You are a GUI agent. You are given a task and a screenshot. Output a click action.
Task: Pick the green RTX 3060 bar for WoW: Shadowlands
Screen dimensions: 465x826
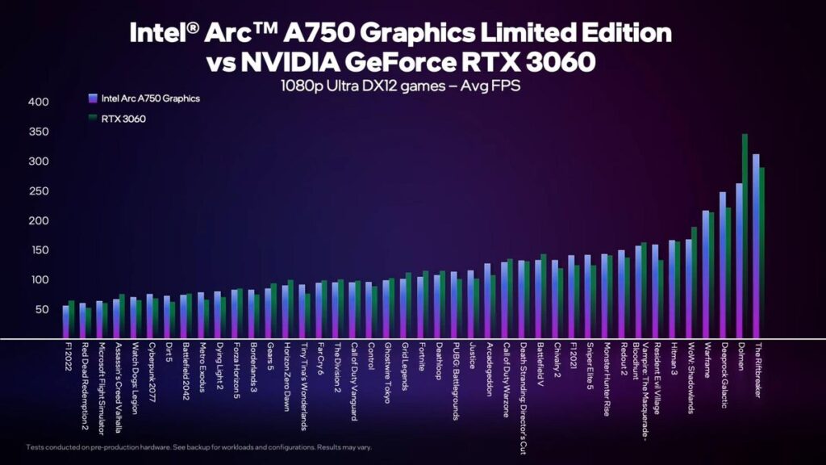pyautogui.click(x=694, y=283)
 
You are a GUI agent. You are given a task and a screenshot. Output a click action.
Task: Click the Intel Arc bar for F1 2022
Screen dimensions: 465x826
pyautogui.click(x=65, y=322)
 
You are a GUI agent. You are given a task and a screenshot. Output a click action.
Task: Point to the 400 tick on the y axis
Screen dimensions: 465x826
pyautogui.click(x=39, y=102)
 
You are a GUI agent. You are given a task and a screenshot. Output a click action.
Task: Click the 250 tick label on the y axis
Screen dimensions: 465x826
pyautogui.click(x=39, y=191)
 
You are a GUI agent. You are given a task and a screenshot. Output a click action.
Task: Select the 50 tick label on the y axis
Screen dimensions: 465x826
pyautogui.click(x=42, y=310)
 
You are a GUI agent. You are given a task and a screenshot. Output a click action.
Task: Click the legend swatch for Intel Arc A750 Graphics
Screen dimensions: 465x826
pyautogui.click(x=93, y=98)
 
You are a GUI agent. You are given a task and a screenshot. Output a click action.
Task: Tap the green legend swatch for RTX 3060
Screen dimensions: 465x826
pyautogui.click(x=93, y=119)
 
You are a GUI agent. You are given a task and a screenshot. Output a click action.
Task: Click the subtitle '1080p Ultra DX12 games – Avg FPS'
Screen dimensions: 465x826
pyautogui.click(x=401, y=84)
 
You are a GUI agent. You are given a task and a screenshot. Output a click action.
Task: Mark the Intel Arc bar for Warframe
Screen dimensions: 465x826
pyautogui.click(x=706, y=274)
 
